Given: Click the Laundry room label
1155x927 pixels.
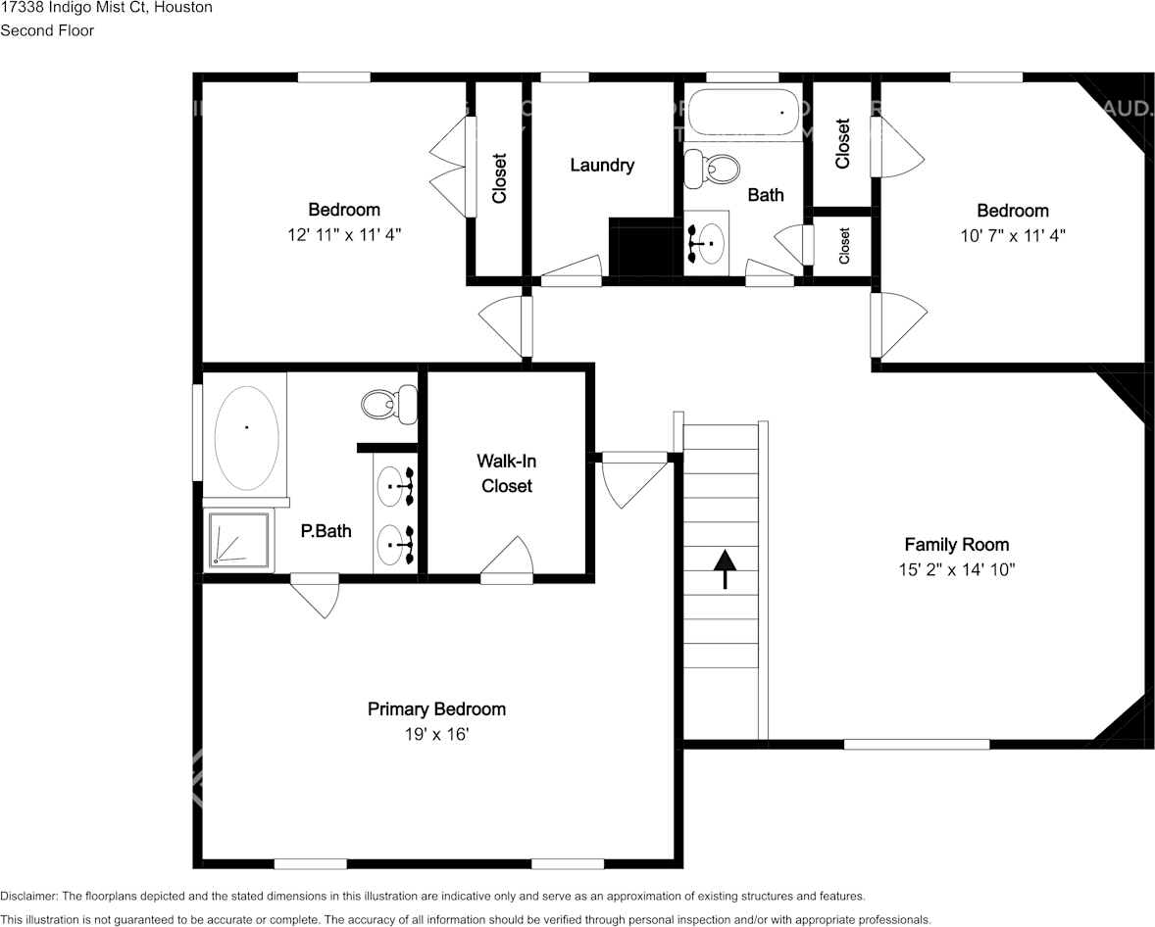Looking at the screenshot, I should (602, 165).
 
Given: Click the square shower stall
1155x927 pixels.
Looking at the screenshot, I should (238, 539).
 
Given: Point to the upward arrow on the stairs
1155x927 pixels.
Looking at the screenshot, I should (725, 568).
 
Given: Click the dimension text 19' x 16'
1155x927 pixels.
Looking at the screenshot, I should (436, 733).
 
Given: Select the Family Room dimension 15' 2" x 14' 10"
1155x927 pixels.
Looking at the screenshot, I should (956, 569).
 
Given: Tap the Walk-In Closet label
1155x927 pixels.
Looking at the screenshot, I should (507, 472).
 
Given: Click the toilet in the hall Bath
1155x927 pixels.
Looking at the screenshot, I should (714, 169).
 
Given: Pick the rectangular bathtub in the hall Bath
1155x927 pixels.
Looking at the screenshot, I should (745, 113).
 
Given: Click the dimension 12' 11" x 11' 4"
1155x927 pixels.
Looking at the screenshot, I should (343, 234).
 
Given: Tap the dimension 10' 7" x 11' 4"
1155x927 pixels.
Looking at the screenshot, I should (1012, 235).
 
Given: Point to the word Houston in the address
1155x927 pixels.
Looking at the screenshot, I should (183, 7).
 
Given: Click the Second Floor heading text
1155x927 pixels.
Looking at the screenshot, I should (47, 30).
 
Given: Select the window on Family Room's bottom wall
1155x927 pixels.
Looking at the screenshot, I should (916, 744).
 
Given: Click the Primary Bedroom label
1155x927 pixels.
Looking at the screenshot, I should (436, 708).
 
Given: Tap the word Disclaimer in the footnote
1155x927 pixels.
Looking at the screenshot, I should (29, 896).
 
